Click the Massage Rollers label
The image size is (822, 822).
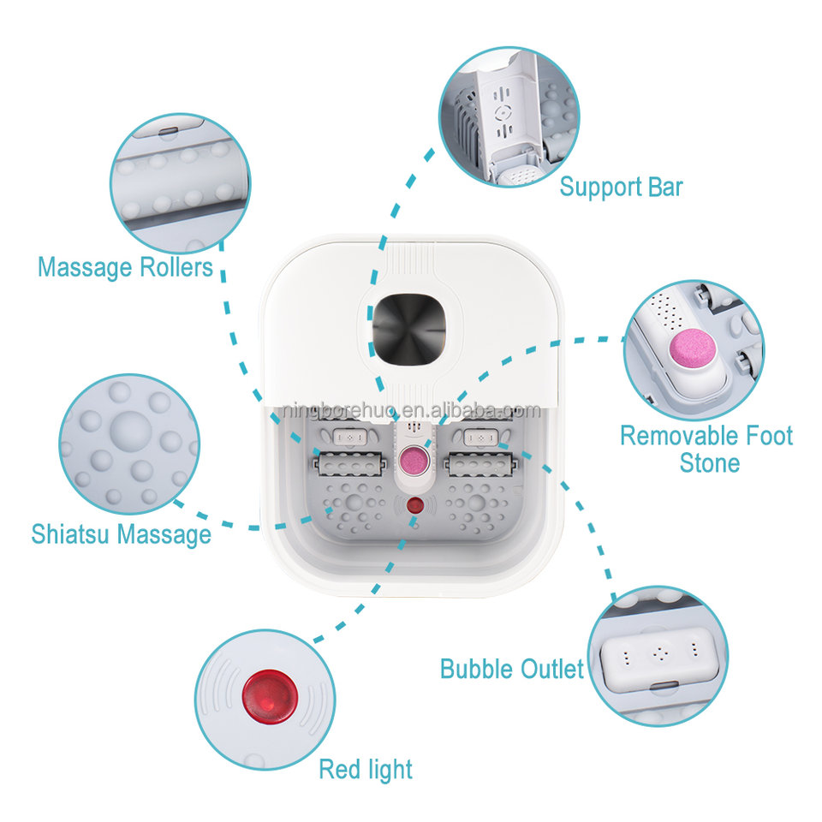[125, 267]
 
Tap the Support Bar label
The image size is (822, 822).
[621, 187]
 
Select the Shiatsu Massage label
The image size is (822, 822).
[121, 535]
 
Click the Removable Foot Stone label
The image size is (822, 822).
[706, 449]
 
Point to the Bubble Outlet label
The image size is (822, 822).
[512, 669]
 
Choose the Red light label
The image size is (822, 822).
[366, 769]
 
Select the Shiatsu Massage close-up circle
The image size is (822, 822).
[128, 442]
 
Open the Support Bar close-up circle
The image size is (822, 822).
[509, 118]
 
